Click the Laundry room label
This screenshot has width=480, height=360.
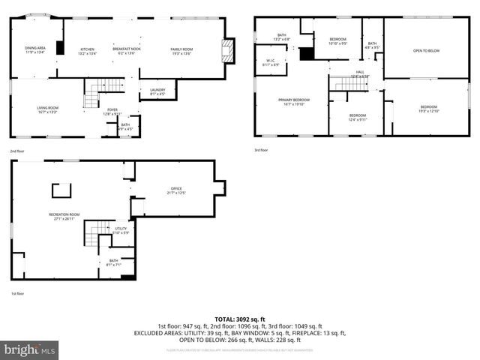(x=157, y=91)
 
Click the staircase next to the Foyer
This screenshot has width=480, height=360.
(x=94, y=96)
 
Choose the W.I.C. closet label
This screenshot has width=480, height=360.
(x=271, y=62)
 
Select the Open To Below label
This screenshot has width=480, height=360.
(x=426, y=51)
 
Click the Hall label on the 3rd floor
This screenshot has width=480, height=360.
(x=359, y=74)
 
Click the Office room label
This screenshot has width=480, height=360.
(x=175, y=190)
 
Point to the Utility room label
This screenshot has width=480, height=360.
(x=121, y=230)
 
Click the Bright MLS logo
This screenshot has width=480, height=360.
(x=30, y=349)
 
